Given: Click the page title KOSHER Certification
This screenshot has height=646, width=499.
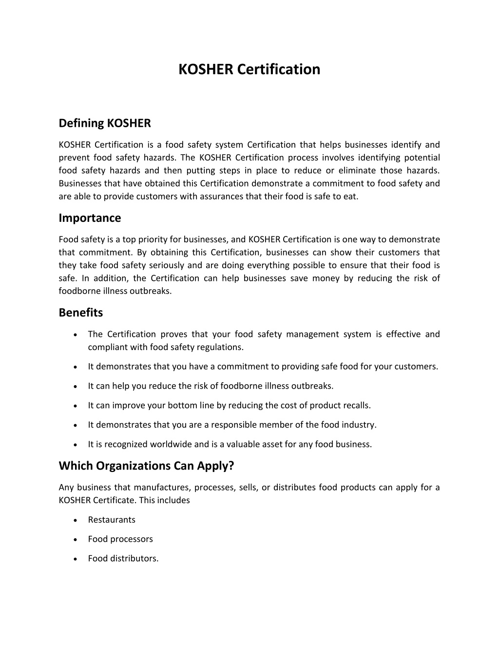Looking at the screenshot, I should (249, 69).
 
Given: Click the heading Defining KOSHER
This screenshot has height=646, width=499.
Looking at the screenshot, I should (105, 123).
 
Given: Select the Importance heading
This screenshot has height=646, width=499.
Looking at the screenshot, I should (90, 218).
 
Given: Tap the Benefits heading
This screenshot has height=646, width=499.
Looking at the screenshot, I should (81, 313).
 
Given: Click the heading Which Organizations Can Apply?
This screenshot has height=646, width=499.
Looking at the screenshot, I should (146, 466).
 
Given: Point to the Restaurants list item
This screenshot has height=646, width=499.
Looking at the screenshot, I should (112, 520).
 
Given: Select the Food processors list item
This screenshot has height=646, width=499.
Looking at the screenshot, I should (120, 539).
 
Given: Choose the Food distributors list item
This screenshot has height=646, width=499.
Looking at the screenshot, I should (123, 559).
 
